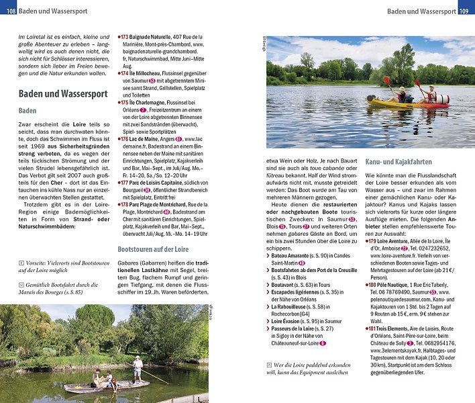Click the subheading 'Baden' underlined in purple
point(28,111)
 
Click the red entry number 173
point(124,36)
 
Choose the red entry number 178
point(124,204)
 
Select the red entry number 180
point(373,285)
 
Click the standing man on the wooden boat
point(138,369)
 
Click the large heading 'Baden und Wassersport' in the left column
point(62,94)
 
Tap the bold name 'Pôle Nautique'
point(399,285)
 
